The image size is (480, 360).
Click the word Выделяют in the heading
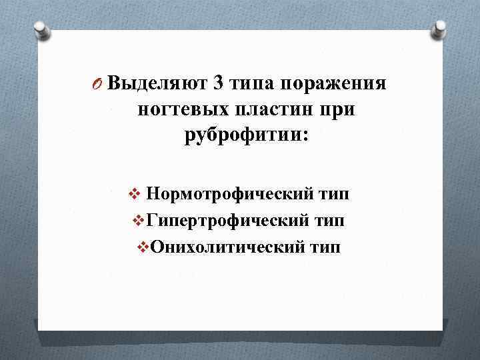[157, 84]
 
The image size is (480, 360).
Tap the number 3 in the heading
[219, 84]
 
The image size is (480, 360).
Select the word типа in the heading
[253, 85]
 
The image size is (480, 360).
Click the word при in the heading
[337, 111]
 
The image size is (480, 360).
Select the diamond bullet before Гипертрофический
[138, 221]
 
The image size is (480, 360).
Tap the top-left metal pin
[41, 29]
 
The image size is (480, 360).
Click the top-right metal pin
[439, 29]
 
